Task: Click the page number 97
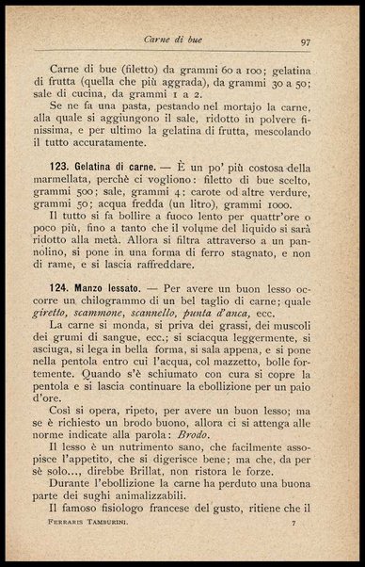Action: point(306,40)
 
